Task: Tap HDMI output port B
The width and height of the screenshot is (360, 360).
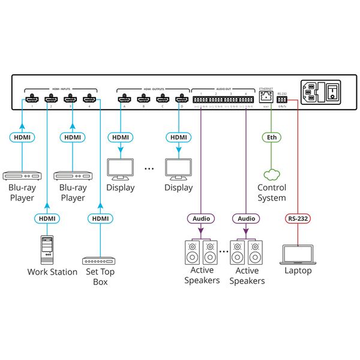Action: (x=143, y=98)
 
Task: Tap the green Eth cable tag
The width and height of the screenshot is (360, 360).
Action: (x=272, y=137)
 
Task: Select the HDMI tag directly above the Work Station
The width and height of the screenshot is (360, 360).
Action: (x=47, y=218)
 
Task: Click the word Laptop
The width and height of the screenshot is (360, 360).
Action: (x=298, y=271)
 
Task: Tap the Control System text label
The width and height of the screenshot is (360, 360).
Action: (x=272, y=193)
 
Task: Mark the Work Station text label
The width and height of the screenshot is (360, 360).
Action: (x=52, y=272)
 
